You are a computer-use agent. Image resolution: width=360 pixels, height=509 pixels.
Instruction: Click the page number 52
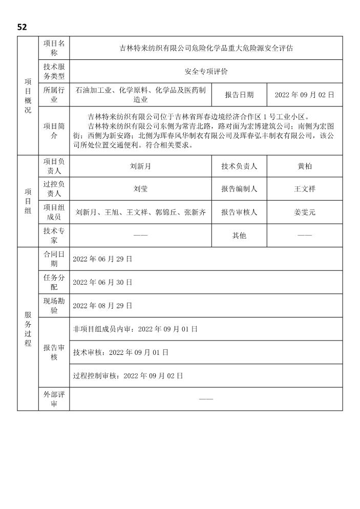[22, 27]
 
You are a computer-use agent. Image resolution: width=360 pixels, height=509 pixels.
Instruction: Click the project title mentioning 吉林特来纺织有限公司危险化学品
[206, 49]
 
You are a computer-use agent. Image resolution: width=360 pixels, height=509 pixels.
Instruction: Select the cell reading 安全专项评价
[206, 72]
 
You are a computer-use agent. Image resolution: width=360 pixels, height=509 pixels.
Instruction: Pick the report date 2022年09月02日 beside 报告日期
[304, 95]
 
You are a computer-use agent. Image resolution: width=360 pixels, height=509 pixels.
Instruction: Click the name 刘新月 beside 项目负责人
[140, 166]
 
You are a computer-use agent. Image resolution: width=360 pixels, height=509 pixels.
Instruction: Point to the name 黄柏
[304, 166]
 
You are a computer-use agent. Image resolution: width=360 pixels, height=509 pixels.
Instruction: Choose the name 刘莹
[140, 189]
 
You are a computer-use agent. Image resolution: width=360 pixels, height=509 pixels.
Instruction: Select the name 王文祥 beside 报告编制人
[304, 189]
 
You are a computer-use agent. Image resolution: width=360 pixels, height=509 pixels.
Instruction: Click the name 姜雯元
[304, 212]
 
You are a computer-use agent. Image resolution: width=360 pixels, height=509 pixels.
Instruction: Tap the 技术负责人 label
[239, 166]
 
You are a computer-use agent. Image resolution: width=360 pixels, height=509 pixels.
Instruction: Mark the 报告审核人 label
[239, 212]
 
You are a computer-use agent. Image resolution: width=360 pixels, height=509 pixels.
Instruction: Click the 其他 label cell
[239, 236]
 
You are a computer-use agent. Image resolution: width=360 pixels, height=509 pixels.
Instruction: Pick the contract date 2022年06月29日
[102, 259]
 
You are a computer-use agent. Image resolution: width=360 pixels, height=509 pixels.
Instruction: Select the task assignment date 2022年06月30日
[102, 282]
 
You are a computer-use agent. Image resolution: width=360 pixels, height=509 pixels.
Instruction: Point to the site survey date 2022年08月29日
[102, 306]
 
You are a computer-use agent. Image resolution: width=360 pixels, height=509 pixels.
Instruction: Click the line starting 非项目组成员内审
[135, 329]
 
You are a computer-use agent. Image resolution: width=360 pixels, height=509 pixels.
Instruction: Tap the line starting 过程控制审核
[128, 375]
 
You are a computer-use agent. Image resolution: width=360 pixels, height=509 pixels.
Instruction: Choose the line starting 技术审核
[121, 352]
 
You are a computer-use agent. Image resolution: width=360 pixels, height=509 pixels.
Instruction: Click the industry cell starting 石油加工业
[140, 95]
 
